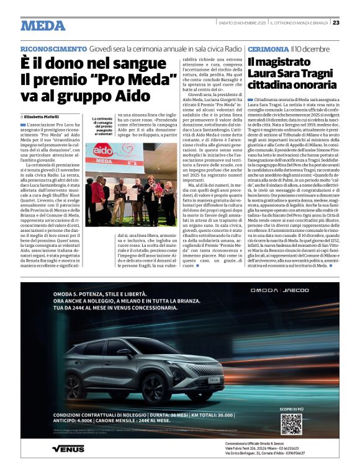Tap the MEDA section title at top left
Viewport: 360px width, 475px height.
(43, 25)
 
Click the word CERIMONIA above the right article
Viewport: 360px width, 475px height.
(268, 49)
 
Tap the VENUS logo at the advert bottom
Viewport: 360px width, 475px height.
(68, 448)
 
